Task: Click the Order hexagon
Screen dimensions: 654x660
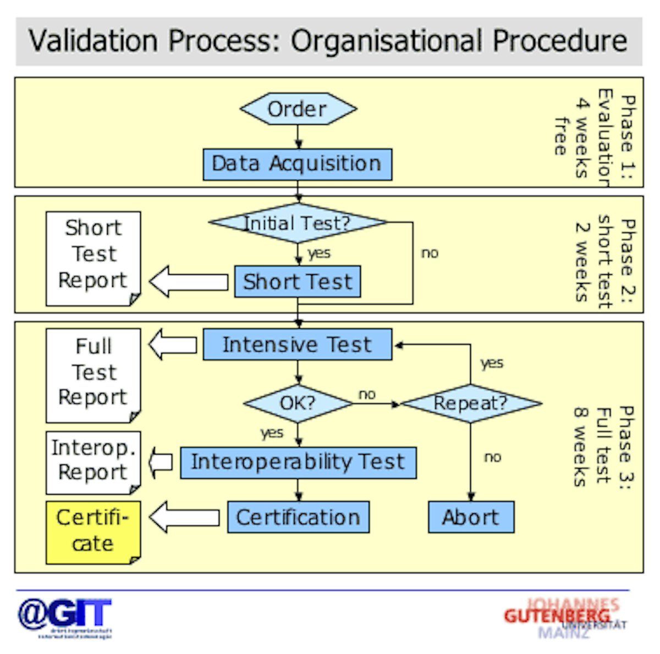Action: (298, 109)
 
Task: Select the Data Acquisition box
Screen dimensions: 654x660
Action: (297, 164)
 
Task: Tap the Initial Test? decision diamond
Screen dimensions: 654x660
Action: (298, 223)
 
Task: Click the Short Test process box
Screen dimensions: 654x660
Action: (298, 281)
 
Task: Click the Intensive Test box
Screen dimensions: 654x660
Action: (297, 345)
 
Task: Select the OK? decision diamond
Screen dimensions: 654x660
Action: (298, 403)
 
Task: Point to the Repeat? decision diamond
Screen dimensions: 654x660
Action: (471, 403)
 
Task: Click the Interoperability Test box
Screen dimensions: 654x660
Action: (298, 462)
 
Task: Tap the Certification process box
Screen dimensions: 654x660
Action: (298, 517)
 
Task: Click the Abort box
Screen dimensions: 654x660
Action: (471, 517)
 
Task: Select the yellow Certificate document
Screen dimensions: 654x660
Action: (93, 531)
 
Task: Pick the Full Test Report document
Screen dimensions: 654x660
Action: (93, 374)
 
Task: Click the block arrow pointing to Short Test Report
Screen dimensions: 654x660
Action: (189, 281)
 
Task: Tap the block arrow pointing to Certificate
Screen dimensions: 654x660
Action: (184, 517)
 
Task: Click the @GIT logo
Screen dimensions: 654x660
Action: (65, 617)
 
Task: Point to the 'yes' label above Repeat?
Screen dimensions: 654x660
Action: (491, 363)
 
